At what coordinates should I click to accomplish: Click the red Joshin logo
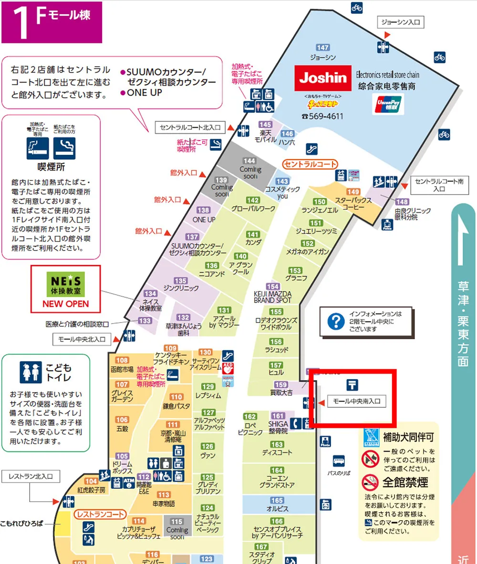click(323, 77)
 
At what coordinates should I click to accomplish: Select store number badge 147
click(323, 47)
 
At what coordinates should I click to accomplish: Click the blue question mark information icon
click(336, 322)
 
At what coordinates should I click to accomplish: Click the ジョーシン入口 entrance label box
click(401, 22)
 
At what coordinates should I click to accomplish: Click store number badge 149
click(353, 191)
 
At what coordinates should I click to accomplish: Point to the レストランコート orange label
click(99, 514)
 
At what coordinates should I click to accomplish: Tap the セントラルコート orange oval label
click(310, 164)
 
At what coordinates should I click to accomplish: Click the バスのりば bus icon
click(339, 461)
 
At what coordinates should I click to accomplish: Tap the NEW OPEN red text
click(66, 303)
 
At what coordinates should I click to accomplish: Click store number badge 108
click(122, 360)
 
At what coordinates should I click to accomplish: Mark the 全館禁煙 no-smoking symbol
click(370, 482)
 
